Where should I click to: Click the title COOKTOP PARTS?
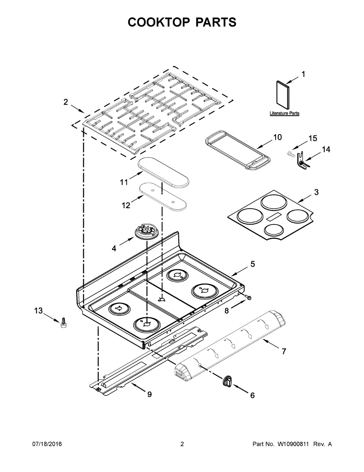tap(182, 22)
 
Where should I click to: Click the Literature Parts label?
tap(284, 113)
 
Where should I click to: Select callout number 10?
tap(277, 137)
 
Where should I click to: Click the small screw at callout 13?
tap(63, 323)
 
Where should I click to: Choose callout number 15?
tap(313, 138)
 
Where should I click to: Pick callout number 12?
tap(126, 205)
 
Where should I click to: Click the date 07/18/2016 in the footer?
tap(47, 444)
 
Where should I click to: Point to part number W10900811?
tap(294, 444)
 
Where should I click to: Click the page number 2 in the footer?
tap(182, 444)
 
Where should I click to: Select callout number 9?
tap(149, 395)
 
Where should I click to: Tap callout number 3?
tap(316, 192)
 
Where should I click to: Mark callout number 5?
tap(252, 264)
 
